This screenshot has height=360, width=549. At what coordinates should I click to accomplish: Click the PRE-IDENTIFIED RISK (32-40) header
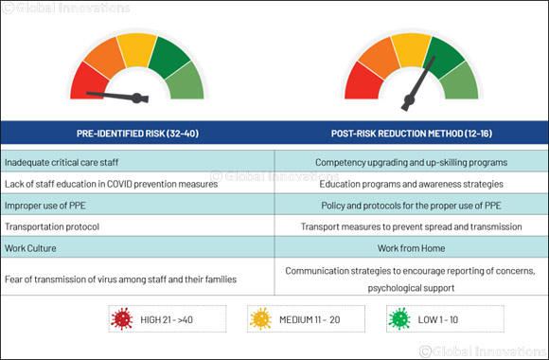pos(136,133)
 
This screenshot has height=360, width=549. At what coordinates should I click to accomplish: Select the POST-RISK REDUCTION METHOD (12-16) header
pos(411,133)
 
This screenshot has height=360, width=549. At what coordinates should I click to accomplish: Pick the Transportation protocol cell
pos(53,227)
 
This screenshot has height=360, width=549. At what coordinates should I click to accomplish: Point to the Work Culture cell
pos(33,249)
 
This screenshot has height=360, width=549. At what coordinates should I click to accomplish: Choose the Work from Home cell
pos(411,249)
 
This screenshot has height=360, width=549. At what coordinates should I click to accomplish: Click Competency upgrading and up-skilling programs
pos(411,162)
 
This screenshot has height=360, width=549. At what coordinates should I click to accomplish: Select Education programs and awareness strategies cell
pos(411,184)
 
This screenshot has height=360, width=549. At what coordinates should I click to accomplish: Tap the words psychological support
pos(411,286)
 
